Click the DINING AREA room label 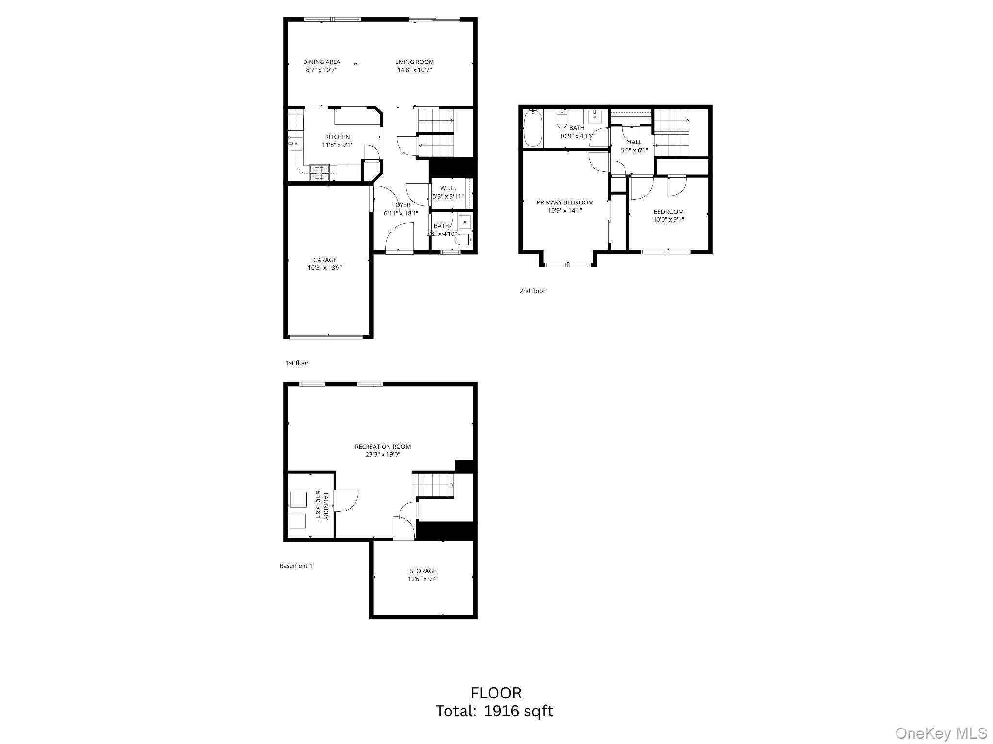tap(321, 62)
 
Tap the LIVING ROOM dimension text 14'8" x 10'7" tap(414, 70)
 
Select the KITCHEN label tap(337, 137)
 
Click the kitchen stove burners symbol tap(320, 172)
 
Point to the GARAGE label tap(324, 260)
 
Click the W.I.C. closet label tap(448, 188)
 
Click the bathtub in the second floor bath tap(532, 128)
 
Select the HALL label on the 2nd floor tap(634, 142)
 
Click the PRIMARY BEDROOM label tap(564, 202)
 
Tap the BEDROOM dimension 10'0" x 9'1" tap(668, 219)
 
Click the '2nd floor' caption tap(532, 291)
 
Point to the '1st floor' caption tap(297, 363)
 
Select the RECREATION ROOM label tap(383, 447)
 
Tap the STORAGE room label tap(423, 571)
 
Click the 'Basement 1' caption tap(296, 566)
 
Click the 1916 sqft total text tap(518, 711)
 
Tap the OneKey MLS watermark tap(941, 733)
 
